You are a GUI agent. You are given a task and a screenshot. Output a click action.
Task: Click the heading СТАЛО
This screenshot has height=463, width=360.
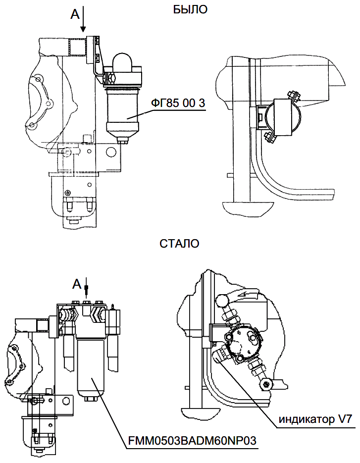(180, 244)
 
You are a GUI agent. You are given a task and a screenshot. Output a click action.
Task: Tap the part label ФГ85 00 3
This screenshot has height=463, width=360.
(179, 103)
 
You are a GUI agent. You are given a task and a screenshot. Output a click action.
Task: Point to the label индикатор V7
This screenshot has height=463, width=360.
(315, 420)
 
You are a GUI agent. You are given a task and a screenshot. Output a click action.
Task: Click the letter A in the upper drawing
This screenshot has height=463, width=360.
(75, 14)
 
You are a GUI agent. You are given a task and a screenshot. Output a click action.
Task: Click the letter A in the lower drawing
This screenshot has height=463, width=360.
(76, 284)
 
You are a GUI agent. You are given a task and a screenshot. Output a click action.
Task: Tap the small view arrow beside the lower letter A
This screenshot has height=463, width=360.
(87, 287)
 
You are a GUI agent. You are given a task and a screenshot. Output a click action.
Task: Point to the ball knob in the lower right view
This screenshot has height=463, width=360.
(221, 300)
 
